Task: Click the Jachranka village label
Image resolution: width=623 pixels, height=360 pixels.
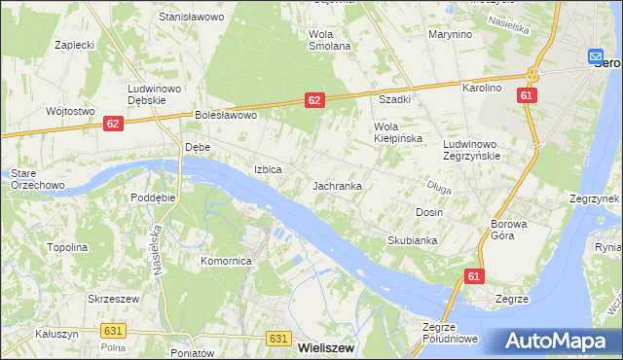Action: pos(338,185)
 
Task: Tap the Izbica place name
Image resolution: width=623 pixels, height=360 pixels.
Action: pos(268,169)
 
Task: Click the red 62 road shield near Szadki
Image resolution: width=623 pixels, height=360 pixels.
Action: pos(313,99)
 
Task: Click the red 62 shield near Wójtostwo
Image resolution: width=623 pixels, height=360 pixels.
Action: pos(114,124)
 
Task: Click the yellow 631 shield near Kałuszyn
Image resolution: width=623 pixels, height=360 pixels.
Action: pos(111,331)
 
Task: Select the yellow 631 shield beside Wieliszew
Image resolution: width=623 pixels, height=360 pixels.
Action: pos(277,338)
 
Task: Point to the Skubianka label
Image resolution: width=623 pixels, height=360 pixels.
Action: pos(412,239)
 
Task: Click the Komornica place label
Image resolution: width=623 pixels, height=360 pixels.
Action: pos(227,261)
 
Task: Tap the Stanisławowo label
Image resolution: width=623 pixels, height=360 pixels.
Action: pos(192,18)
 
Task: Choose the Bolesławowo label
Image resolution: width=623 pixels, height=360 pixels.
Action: pos(225,115)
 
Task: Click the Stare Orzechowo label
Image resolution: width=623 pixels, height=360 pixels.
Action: pos(36,179)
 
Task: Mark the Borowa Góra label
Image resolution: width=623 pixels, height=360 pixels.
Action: pos(507,230)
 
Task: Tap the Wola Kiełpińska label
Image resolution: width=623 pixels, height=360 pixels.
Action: pos(398,132)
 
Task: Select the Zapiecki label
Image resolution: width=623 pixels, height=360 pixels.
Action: pos(74,45)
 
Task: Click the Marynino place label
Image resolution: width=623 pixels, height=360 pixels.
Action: pos(450,34)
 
